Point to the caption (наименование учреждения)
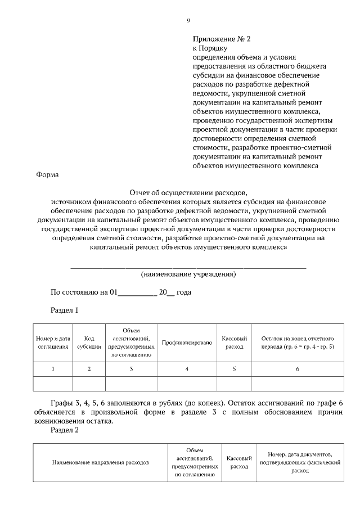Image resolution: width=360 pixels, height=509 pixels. [188, 274]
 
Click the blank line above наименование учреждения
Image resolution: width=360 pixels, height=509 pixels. [188, 267]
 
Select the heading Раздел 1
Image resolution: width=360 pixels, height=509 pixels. [65, 310]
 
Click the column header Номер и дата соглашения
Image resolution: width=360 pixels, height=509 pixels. [53, 343]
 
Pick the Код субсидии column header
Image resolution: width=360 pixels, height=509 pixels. [89, 343]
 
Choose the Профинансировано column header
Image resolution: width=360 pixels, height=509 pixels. [187, 343]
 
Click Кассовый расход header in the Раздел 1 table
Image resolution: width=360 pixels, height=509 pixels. [235, 343]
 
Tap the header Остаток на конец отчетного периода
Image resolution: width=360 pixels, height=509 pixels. [298, 343]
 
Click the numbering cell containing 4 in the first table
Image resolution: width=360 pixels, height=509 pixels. [187, 369]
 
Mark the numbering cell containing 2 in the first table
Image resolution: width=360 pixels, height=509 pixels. [89, 369]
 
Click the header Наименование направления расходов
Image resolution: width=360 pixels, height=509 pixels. [101, 463]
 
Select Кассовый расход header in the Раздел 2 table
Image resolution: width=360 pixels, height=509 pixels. [238, 463]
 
